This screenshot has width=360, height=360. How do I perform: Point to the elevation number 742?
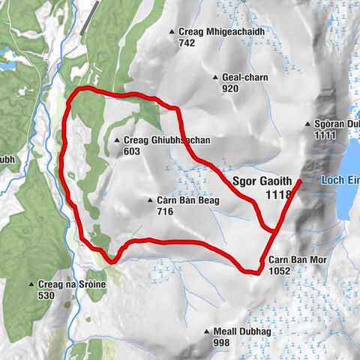click(x=187, y=43)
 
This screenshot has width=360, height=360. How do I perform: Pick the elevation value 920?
click(x=230, y=88)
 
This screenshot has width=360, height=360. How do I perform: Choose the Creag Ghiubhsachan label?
click(x=162, y=140)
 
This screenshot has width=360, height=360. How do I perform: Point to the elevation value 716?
click(x=165, y=211)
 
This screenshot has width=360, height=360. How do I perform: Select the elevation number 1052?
click(x=277, y=272)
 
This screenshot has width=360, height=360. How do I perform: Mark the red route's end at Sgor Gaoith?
click(x=299, y=181)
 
